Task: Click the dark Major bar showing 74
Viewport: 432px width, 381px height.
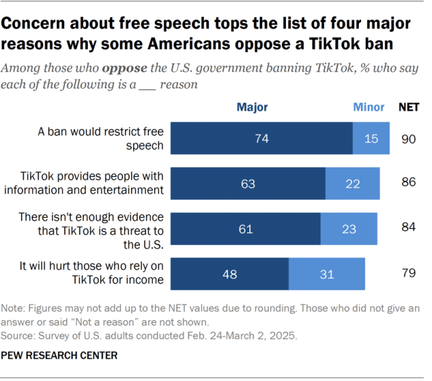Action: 262,139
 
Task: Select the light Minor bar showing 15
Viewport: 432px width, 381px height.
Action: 371,139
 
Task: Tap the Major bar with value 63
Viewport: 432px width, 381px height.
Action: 248,183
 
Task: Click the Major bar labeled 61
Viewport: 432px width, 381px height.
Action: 245,229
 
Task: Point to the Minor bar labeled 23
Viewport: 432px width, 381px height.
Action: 349,229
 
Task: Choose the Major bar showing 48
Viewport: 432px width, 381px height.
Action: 230,273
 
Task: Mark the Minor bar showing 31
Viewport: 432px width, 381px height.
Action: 327,273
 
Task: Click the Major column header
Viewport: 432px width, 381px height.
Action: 252,107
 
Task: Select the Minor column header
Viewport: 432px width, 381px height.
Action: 368,107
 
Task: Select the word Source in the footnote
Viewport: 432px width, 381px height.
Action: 20,334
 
